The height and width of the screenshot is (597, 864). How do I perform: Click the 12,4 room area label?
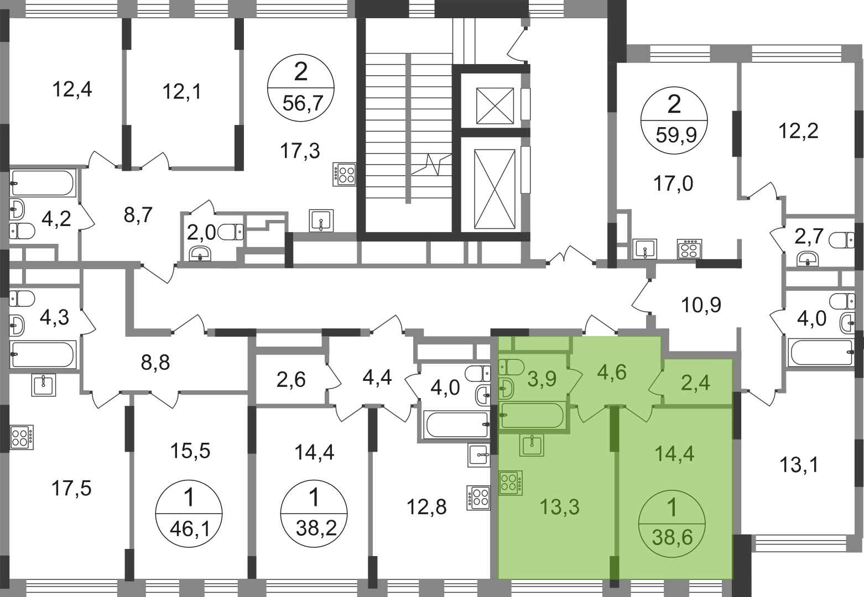click(x=72, y=90)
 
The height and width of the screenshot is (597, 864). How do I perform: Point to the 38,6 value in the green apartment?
click(x=673, y=537)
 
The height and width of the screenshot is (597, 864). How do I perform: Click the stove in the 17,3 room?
click(x=345, y=174)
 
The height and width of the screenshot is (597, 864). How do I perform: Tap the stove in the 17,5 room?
click(x=22, y=437)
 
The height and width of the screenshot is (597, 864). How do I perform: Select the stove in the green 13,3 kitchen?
click(x=511, y=483)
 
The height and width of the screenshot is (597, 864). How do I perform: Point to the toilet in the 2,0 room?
click(x=231, y=233)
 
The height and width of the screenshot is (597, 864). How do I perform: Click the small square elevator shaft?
click(x=495, y=106)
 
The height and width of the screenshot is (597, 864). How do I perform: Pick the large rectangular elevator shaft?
click(x=495, y=189)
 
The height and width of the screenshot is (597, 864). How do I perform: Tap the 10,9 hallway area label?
click(x=701, y=305)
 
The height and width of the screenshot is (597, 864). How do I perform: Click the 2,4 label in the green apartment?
click(x=695, y=383)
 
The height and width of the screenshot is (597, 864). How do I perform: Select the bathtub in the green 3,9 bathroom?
click(x=532, y=416)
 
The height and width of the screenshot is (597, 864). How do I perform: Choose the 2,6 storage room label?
click(x=291, y=380)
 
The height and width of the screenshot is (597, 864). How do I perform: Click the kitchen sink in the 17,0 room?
click(x=644, y=249)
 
